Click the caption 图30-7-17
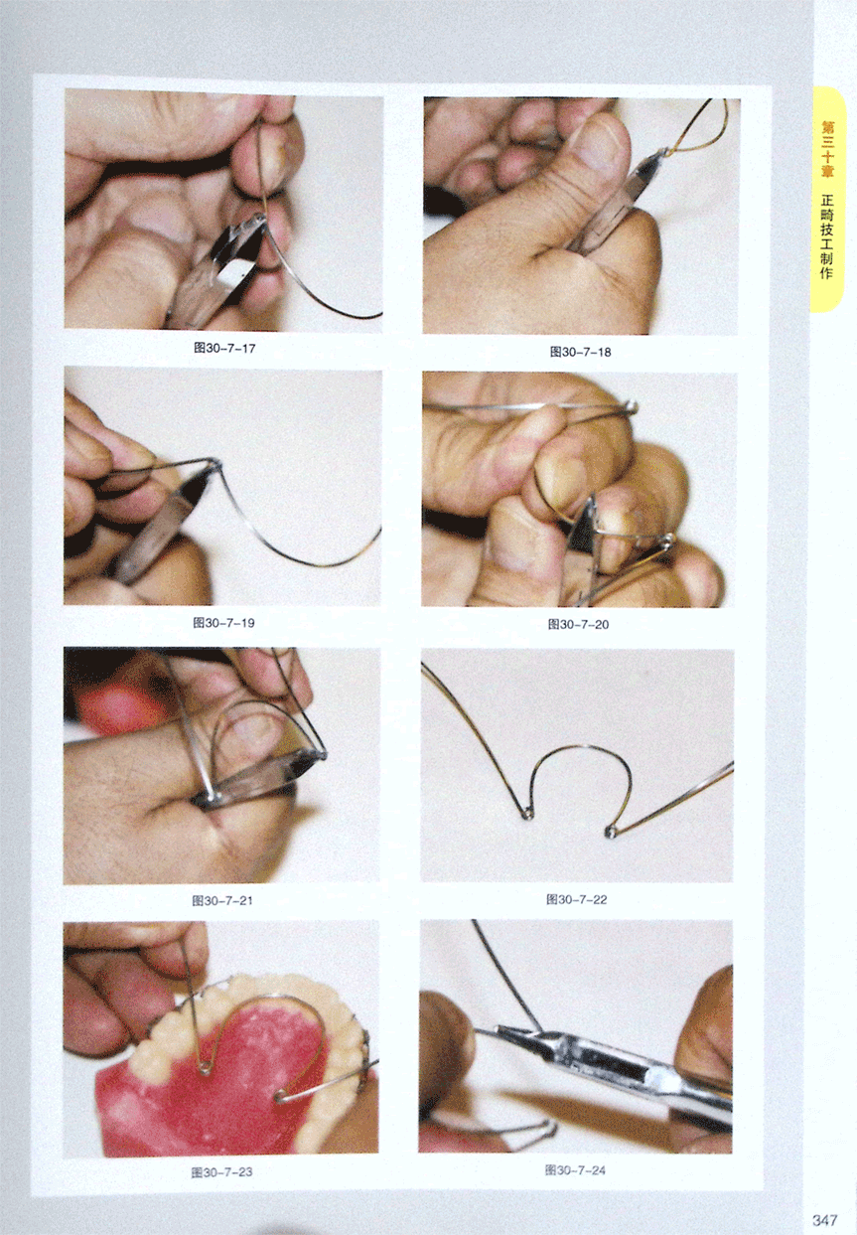coord(224,349)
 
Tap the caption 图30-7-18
coord(580,352)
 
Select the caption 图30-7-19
coord(223,623)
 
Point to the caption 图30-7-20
coord(578,624)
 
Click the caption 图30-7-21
coord(222,901)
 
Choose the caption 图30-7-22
coord(577,900)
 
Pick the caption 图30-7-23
coord(222,1172)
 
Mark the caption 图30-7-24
coord(575,1170)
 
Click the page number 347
coord(824,1220)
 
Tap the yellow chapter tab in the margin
coord(827,199)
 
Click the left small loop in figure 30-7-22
coord(527,812)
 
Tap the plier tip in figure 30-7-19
coord(213,470)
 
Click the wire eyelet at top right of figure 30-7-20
coord(632,407)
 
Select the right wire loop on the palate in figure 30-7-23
coord(280,1096)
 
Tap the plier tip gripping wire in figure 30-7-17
coord(259,221)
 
